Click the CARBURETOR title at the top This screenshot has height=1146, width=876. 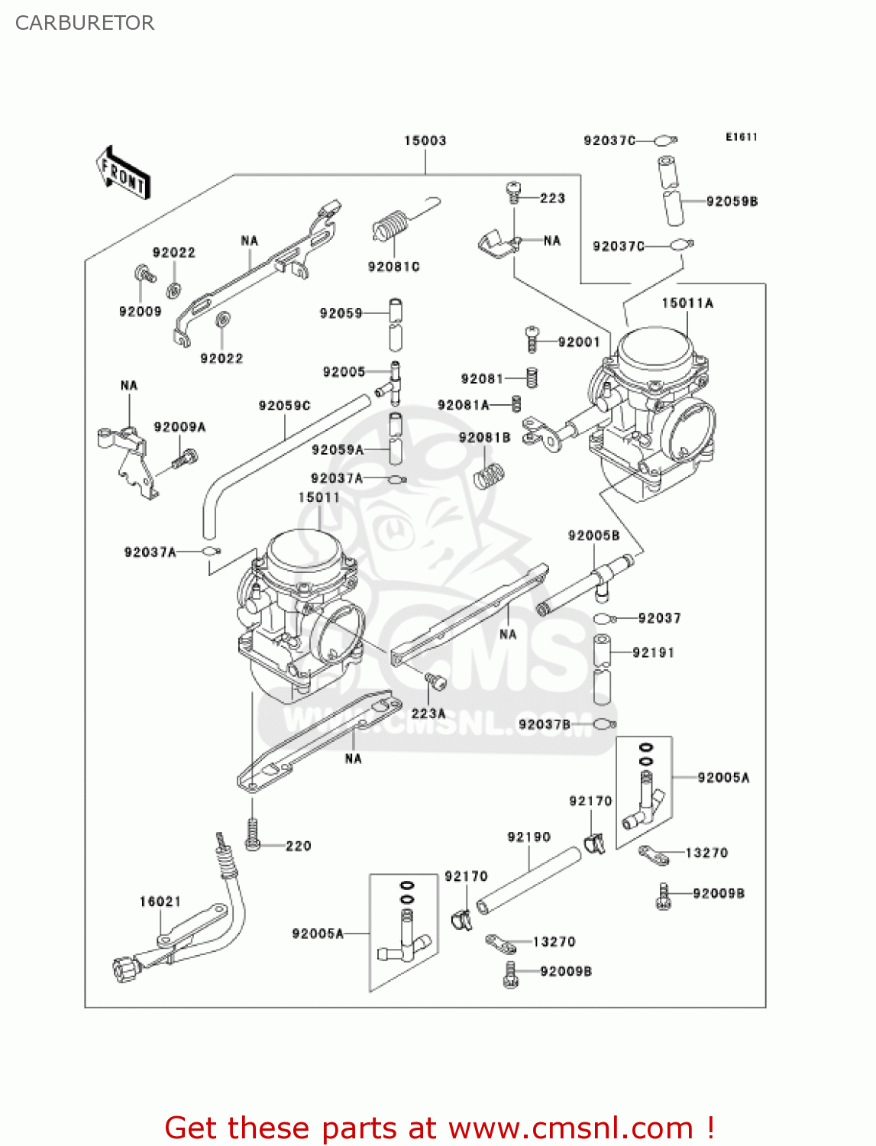85,23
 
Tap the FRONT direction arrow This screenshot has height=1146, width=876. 122,173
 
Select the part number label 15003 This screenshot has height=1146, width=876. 425,141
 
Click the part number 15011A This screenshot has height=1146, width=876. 687,303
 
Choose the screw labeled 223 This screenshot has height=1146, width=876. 514,193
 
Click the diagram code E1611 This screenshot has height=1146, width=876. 741,137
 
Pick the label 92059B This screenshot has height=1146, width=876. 732,202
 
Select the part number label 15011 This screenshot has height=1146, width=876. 318,497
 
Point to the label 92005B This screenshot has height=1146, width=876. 593,536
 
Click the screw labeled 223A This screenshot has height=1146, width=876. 435,681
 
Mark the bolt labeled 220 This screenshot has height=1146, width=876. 253,834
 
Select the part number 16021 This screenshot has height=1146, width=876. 160,902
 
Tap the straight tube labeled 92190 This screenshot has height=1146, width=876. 529,880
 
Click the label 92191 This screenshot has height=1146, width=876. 653,652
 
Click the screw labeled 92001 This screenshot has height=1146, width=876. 532,338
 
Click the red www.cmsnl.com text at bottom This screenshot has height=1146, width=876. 571,1128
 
